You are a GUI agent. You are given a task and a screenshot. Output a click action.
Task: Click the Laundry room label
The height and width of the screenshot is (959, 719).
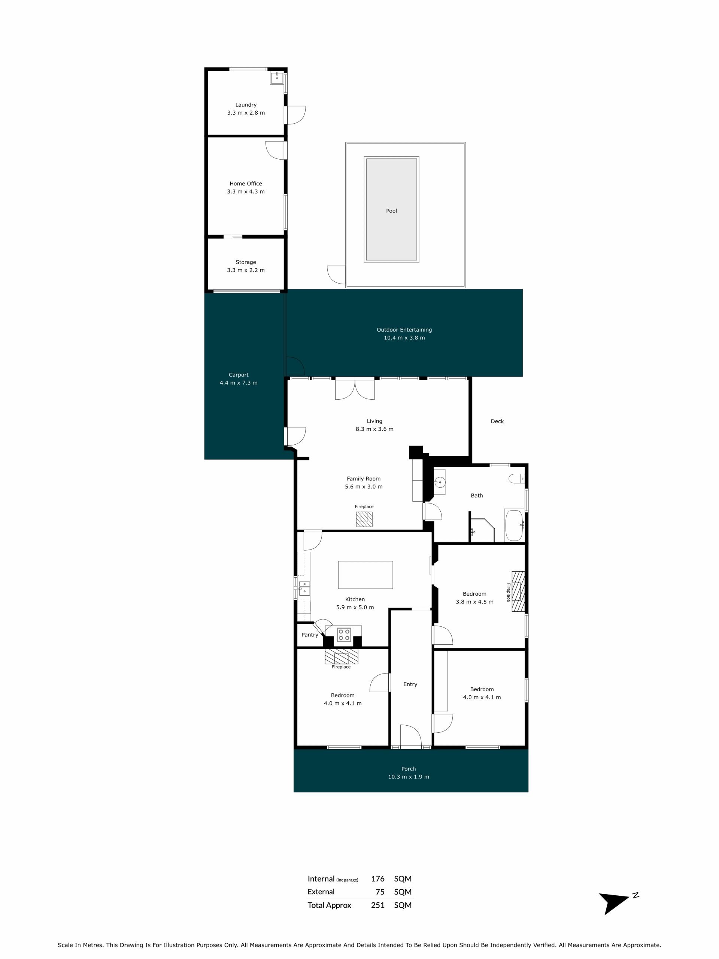(x=246, y=105)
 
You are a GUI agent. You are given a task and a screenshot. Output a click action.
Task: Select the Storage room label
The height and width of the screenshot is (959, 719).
(x=246, y=262)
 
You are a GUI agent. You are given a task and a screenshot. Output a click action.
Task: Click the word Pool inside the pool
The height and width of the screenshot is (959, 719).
(x=391, y=211)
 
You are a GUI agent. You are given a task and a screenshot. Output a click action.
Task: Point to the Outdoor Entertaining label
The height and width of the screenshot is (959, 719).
(x=404, y=330)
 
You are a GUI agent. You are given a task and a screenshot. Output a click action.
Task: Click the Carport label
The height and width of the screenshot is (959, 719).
(x=239, y=375)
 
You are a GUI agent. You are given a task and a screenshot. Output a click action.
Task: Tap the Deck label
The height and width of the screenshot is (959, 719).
(x=497, y=421)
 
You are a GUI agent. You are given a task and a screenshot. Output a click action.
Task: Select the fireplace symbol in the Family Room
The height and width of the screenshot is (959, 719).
(x=364, y=519)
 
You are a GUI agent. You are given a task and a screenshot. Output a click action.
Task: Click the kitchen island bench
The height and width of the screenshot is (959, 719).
(x=365, y=575)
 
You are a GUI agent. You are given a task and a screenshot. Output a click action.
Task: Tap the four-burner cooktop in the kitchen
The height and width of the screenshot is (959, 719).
(x=344, y=635)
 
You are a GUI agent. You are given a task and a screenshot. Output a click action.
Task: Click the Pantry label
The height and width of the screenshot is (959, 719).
(x=310, y=635)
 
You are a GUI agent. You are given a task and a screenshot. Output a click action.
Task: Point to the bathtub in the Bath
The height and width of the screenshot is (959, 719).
(x=515, y=526)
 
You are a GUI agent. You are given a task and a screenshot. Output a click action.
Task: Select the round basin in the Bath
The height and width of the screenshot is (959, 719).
(x=440, y=482)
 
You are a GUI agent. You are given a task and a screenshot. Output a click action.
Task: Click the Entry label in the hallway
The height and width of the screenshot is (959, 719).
(x=410, y=684)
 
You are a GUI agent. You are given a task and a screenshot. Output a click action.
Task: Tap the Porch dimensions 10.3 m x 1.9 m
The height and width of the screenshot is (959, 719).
(x=409, y=777)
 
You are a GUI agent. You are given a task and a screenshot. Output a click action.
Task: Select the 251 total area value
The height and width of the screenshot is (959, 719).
(x=378, y=905)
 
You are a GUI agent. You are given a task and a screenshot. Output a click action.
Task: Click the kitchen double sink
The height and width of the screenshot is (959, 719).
(x=304, y=588)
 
